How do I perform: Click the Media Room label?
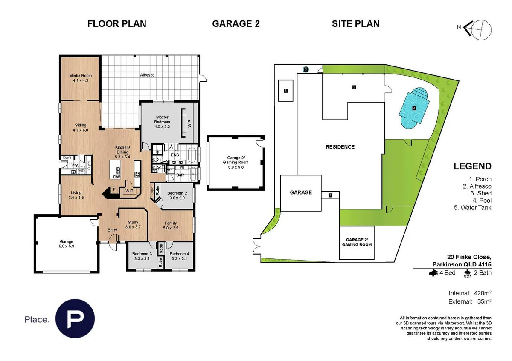coord(80,78)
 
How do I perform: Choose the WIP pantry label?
coord(129,191)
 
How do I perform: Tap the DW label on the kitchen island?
coord(116,177)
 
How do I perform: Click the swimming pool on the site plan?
coord(413,108)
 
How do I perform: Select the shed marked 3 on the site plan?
coord(285,90)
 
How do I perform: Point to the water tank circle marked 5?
coord(305,69)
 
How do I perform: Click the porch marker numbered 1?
coord(330,195)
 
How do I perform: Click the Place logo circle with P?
coord(75,319)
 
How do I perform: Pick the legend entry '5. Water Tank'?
coord(473,207)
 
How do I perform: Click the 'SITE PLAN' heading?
coord(355,24)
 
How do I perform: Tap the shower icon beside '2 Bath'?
coord(468,274)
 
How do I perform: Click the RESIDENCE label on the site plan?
coord(340,147)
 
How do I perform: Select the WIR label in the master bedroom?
coord(189,123)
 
